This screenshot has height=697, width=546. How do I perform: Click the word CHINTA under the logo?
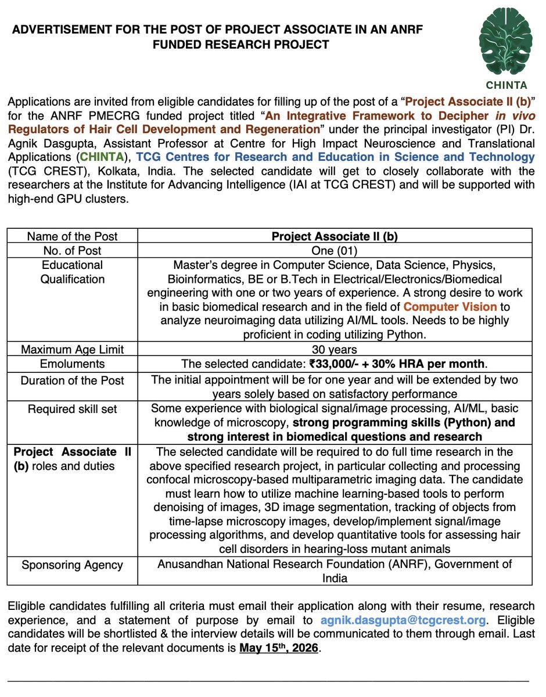click(x=505, y=84)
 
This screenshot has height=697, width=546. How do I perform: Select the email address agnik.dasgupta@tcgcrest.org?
click(x=403, y=620)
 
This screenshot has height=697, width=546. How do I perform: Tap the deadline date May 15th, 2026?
click(x=279, y=648)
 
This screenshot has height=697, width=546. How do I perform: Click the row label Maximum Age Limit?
click(x=72, y=349)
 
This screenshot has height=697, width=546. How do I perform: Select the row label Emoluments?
click(x=72, y=364)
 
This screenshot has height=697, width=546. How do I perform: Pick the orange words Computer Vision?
click(x=450, y=306)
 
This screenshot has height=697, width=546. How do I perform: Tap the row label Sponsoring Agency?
click(x=72, y=564)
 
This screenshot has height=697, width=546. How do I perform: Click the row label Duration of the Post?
click(x=72, y=380)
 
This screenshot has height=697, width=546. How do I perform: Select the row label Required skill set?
click(x=72, y=409)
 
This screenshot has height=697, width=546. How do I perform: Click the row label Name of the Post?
click(x=72, y=236)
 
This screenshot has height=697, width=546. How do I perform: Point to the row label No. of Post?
click(x=72, y=250)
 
